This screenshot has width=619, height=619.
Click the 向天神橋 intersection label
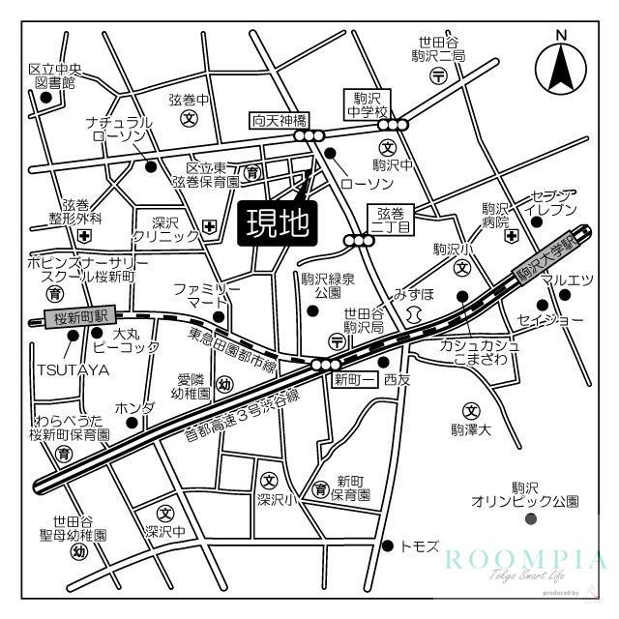(x=280, y=121)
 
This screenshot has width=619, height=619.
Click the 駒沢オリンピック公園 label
(x=524, y=494)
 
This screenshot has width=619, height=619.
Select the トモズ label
(x=423, y=546)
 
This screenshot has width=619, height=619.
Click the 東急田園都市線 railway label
(x=232, y=352)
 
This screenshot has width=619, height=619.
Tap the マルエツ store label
(x=567, y=281)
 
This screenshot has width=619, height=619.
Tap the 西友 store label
(x=398, y=380)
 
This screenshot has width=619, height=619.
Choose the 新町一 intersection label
(x=354, y=379)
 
